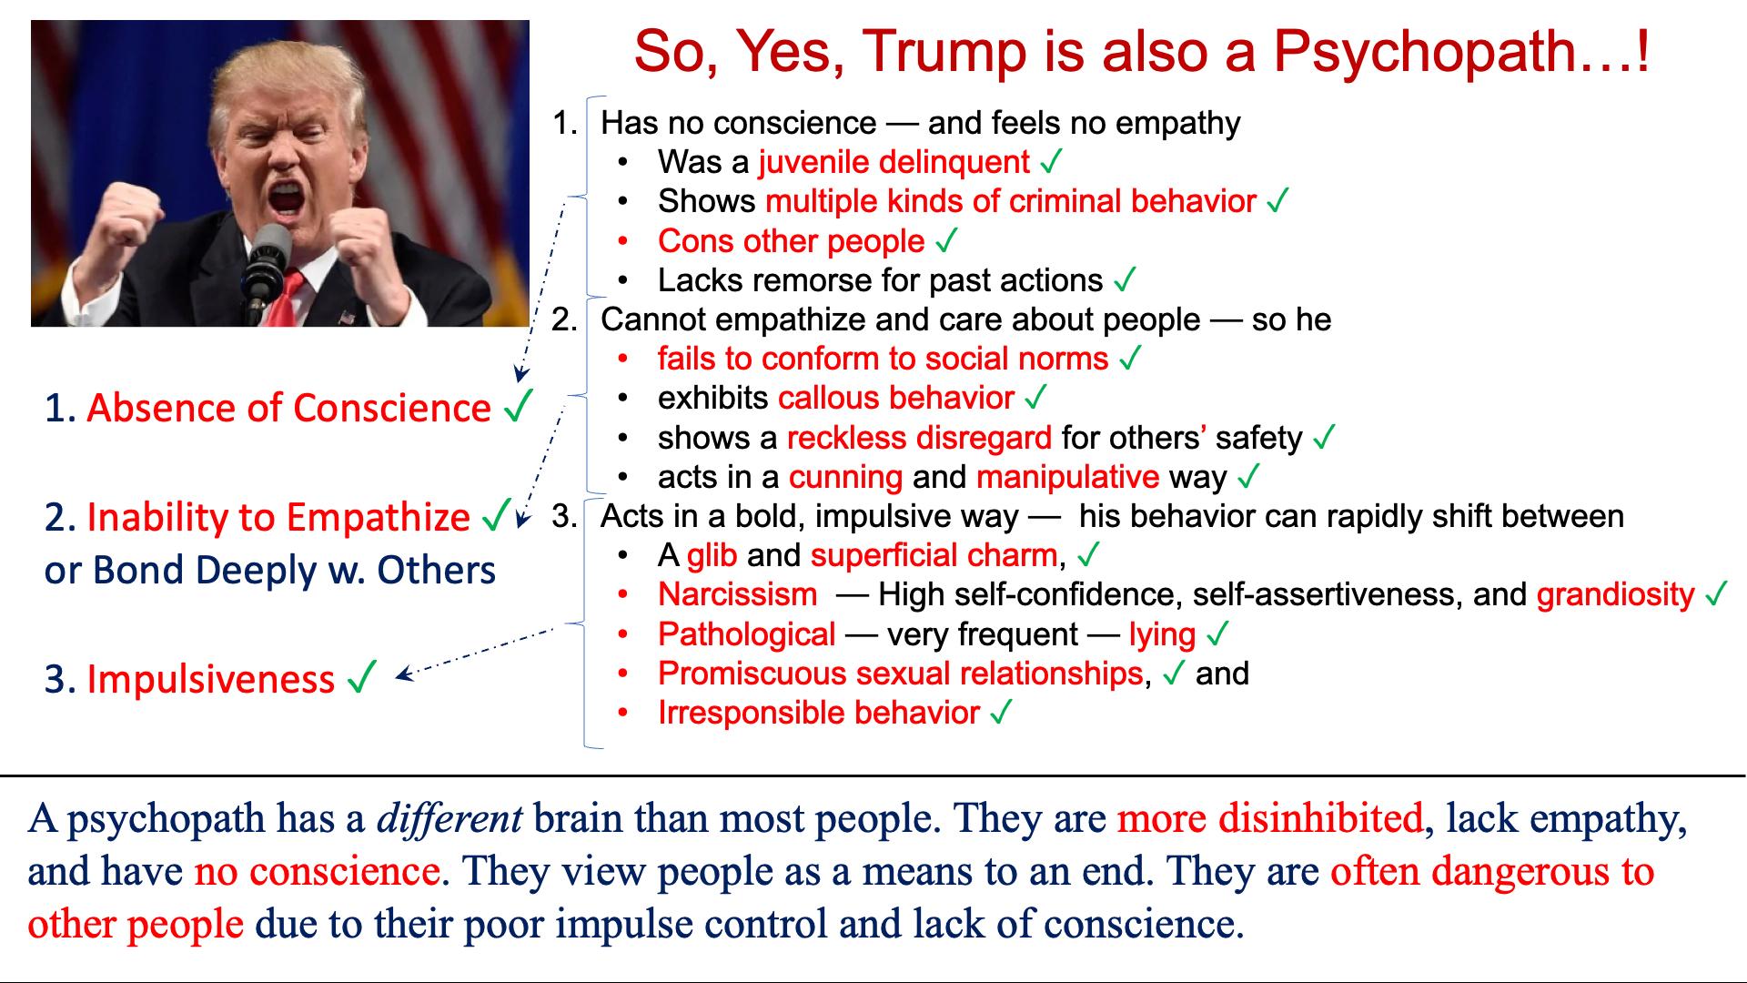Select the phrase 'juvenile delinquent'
click(894, 162)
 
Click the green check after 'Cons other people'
click(946, 241)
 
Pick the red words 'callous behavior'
click(896, 398)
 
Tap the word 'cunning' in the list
click(845, 477)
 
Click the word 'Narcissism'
click(738, 594)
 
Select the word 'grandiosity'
click(1616, 594)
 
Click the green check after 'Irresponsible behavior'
click(1001, 713)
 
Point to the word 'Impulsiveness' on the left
click(211, 680)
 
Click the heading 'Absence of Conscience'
click(289, 408)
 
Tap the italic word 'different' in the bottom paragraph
click(449, 818)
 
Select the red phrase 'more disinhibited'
click(1270, 818)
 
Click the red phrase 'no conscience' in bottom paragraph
click(318, 871)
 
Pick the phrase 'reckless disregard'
click(919, 438)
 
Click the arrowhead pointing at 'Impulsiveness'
click(402, 675)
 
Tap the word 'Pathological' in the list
click(747, 634)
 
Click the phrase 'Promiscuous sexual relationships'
click(900, 674)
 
